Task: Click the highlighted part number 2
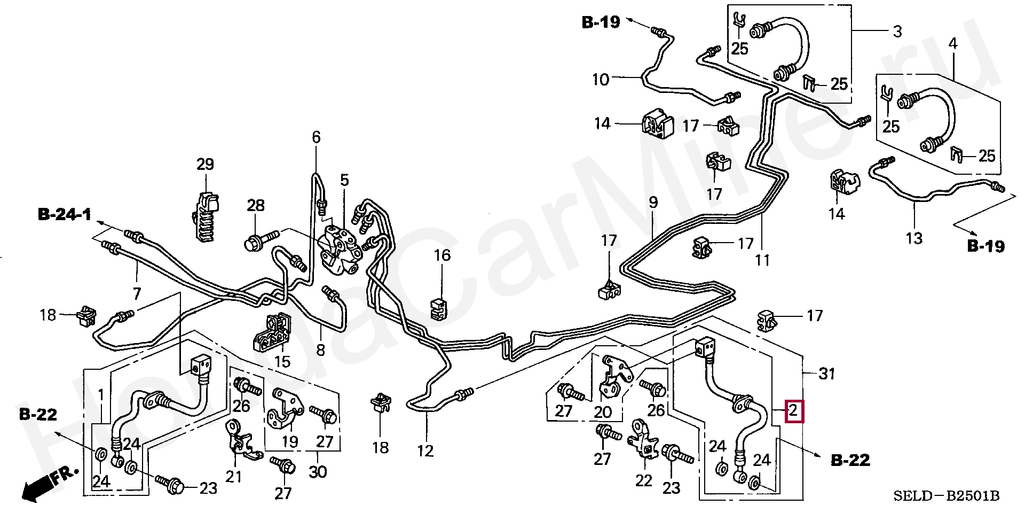(x=793, y=411)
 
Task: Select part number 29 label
(x=205, y=164)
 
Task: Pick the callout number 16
(x=442, y=255)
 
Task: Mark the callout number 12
(x=425, y=451)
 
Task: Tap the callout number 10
(x=601, y=80)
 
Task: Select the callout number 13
(x=914, y=238)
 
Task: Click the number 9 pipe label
(x=653, y=203)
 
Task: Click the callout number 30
(x=318, y=472)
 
